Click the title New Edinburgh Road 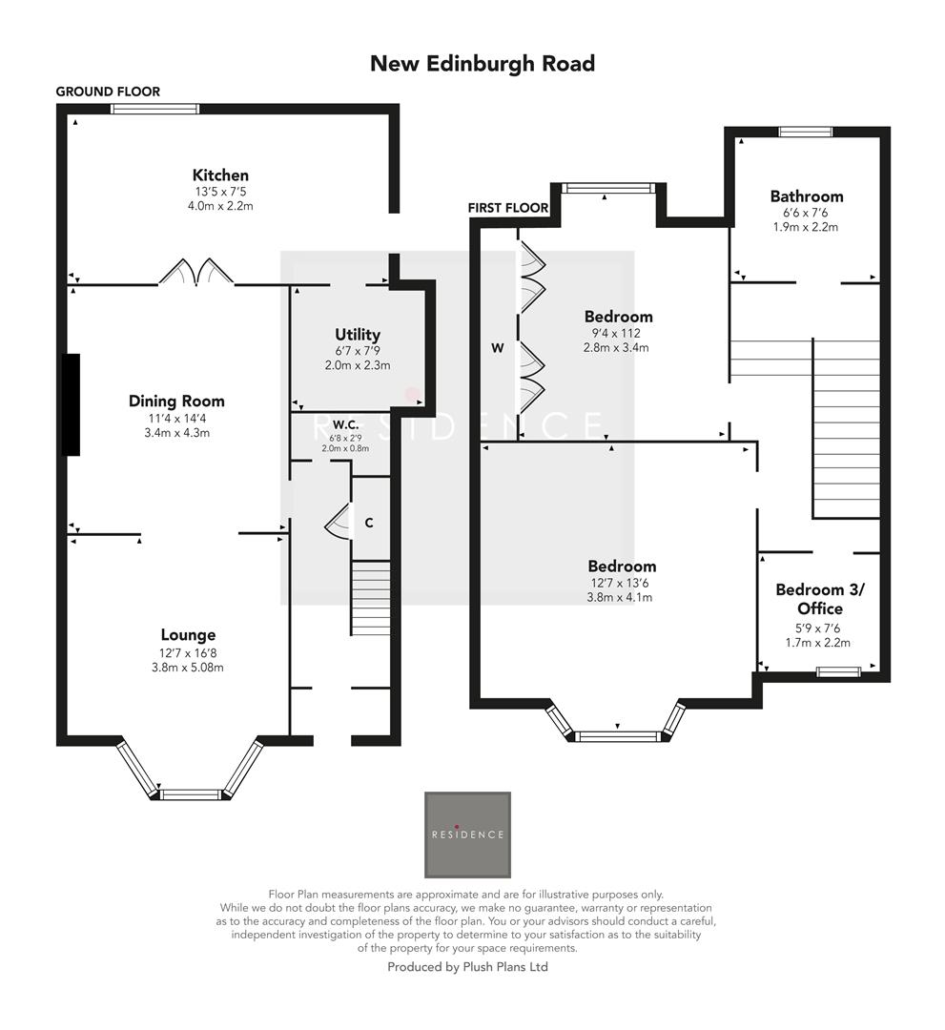[482, 63]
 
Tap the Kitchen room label [220, 175]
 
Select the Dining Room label [176, 402]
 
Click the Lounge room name [188, 635]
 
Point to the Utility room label [358, 335]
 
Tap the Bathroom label [807, 196]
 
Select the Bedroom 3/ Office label [808, 599]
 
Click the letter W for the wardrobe [497, 349]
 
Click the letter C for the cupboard [368, 523]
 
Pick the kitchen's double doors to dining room [196, 273]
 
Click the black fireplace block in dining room [72, 404]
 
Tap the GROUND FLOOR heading [108, 92]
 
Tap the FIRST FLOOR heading [508, 208]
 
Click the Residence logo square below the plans [467, 834]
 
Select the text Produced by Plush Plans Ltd [467, 966]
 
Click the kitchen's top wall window [154, 109]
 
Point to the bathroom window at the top [806, 132]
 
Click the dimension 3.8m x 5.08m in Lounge [188, 668]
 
